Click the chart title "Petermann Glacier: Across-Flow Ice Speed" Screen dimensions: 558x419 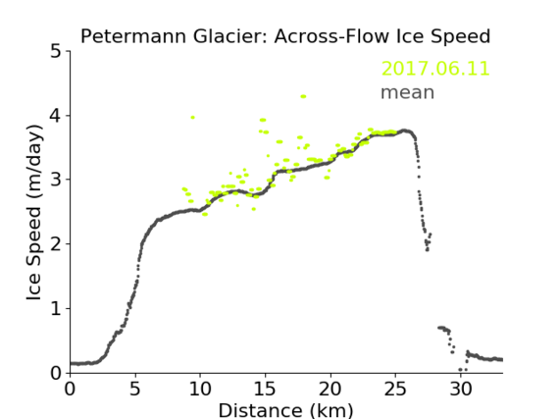point(285,36)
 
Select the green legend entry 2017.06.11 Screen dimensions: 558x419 point(435,69)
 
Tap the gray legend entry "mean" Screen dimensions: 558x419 point(408,92)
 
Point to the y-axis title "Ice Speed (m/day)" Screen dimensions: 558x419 point(34,212)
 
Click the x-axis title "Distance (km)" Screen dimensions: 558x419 point(285,410)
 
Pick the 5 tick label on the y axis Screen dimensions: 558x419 point(56,52)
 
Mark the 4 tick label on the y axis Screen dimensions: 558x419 point(56,116)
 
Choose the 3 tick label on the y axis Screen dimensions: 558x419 point(56,180)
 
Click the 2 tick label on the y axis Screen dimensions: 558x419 point(56,244)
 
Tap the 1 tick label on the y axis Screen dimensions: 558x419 point(56,309)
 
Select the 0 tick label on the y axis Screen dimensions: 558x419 point(56,373)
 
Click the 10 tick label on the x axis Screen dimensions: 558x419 point(200,390)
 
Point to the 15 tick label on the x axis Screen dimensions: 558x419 point(265,390)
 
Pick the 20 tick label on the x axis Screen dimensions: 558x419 point(330,390)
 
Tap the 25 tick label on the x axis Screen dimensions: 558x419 point(395,390)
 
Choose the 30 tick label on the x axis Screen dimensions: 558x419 point(461,390)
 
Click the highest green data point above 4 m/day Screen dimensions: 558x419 point(303,96)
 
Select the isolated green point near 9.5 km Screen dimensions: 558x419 point(193,117)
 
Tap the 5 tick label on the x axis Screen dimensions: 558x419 point(135,390)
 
